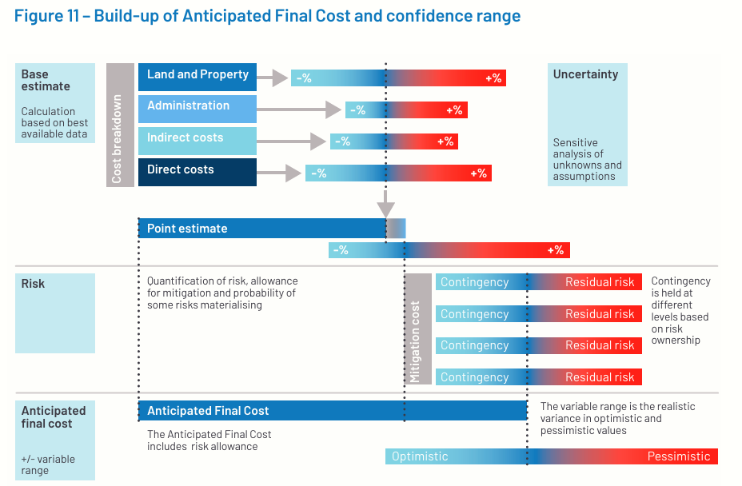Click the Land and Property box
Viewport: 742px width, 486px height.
[x=197, y=77]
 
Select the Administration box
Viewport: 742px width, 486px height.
[x=197, y=109]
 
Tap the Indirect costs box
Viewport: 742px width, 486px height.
[x=197, y=141]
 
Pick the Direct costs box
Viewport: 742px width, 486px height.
[x=197, y=172]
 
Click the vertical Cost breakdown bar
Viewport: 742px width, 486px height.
[x=120, y=125]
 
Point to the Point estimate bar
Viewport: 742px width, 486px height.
[x=272, y=228]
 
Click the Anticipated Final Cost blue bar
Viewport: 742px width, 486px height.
[x=333, y=410]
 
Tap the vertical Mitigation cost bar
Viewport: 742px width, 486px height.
[x=418, y=329]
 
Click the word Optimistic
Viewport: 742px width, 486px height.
[x=420, y=456]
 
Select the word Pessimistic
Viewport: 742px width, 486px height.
[x=679, y=456]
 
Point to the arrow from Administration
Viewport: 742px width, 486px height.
[x=299, y=110]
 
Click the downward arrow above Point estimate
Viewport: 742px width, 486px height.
[x=385, y=204]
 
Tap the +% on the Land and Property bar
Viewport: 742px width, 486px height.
[x=493, y=78]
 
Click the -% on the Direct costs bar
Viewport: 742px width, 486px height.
[x=318, y=173]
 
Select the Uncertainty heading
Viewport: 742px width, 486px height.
[x=585, y=74]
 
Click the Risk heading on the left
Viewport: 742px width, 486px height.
[x=33, y=284]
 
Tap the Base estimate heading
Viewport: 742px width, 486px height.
[x=46, y=80]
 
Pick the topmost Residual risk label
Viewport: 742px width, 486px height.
[x=600, y=282]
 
